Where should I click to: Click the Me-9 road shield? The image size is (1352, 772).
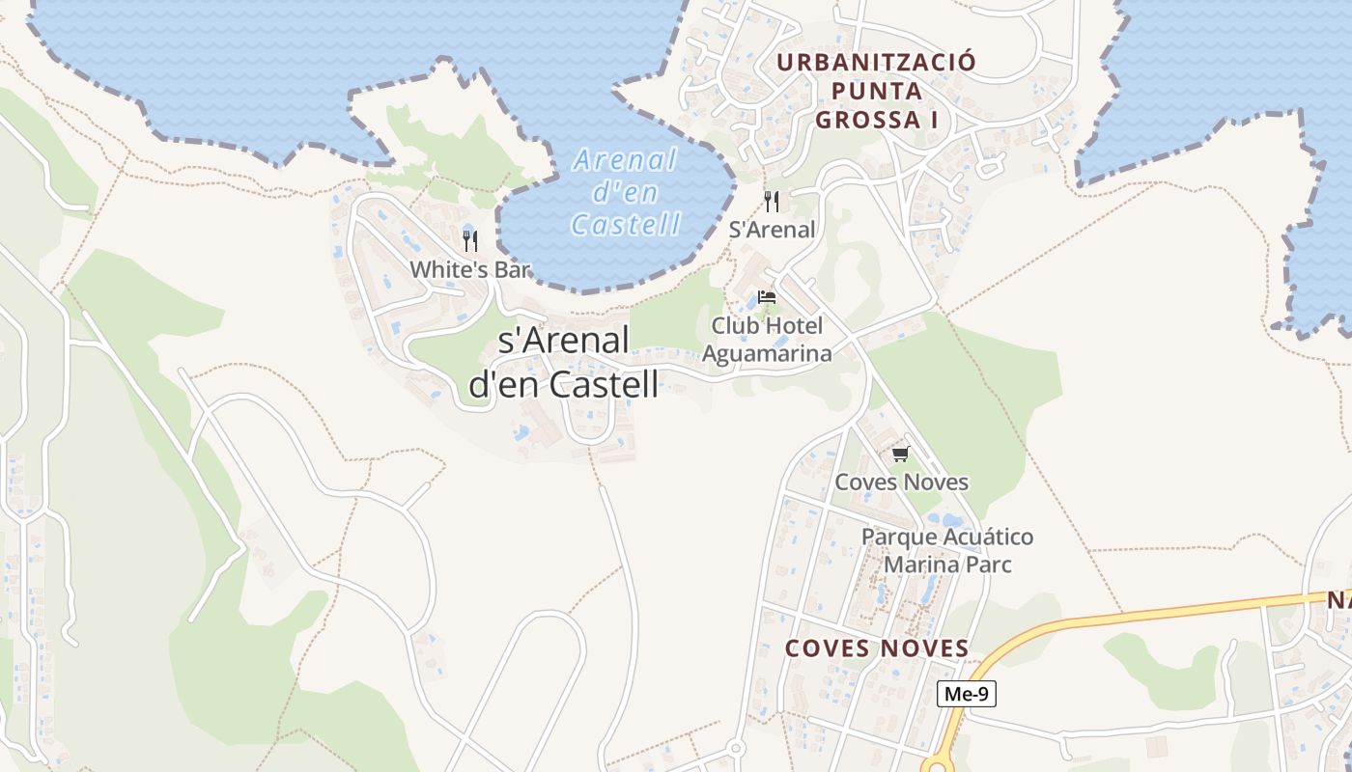[x=966, y=694]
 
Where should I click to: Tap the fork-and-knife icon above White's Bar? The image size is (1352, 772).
[x=470, y=239]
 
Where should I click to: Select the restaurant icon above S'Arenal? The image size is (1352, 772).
[x=772, y=201]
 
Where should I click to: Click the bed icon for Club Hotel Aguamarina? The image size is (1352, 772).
[x=767, y=296]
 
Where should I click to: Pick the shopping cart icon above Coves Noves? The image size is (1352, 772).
[x=900, y=453]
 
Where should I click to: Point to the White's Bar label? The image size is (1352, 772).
[x=470, y=269]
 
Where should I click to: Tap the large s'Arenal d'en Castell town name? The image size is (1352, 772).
[x=564, y=362]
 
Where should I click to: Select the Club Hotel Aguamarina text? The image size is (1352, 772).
[x=767, y=340]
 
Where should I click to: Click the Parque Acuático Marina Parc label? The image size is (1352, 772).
[x=947, y=550]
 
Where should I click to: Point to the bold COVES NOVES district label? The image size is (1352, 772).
[x=877, y=648]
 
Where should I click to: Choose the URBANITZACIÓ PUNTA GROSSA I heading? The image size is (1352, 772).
[x=877, y=91]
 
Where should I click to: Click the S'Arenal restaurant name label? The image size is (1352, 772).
[x=772, y=230]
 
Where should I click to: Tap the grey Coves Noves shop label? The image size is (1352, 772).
[x=901, y=482]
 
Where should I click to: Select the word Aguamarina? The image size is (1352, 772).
[x=767, y=354]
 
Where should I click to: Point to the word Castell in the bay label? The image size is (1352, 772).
[x=626, y=225]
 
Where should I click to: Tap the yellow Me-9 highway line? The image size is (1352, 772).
[x=1159, y=612]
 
